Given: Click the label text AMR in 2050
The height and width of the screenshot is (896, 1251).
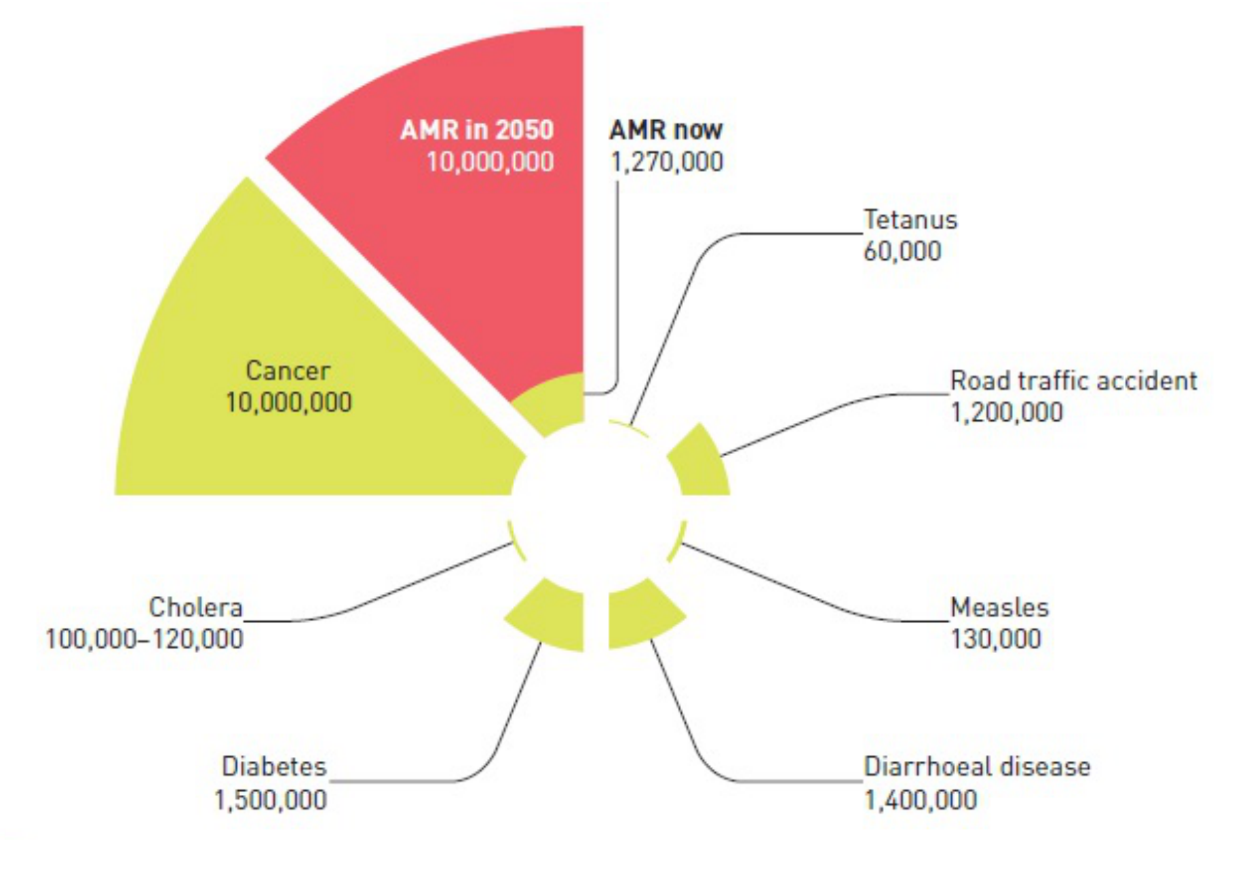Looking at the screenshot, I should click(x=476, y=129).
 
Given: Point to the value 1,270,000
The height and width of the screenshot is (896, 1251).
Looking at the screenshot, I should click(x=666, y=162).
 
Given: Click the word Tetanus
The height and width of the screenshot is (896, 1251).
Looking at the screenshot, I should click(x=910, y=219).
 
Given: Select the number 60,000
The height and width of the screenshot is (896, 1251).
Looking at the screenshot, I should click(x=902, y=251).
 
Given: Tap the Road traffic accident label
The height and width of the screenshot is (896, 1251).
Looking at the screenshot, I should click(x=1073, y=380).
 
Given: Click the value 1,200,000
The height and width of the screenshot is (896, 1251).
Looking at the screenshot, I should click(x=1006, y=412).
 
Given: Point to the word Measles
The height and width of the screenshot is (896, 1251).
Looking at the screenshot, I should click(x=999, y=607).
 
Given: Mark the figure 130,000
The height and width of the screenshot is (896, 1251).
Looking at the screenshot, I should click(x=995, y=639).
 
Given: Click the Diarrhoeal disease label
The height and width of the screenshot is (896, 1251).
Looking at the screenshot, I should click(x=976, y=766).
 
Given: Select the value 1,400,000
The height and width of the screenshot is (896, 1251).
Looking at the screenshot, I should click(x=920, y=800).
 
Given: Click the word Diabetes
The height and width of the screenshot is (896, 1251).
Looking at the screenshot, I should click(x=274, y=766).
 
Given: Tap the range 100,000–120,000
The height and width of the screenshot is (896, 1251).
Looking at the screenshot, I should click(x=144, y=639).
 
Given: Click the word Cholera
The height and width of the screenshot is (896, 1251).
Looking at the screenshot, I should click(x=195, y=607).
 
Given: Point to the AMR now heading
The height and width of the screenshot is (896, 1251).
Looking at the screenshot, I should click(x=666, y=129).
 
